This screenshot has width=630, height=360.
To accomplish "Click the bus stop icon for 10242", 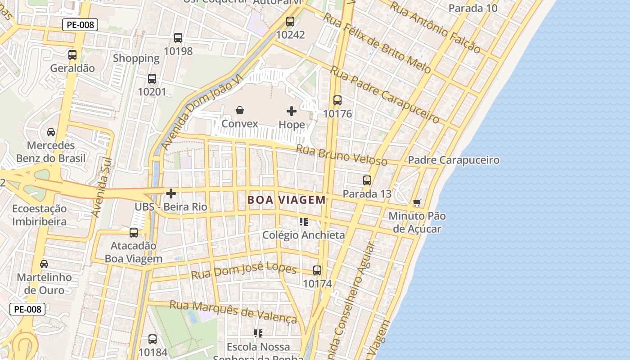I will tap(290, 21).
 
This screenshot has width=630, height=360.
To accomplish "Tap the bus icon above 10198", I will tap(178, 38).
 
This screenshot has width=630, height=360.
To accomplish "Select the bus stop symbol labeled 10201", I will tap(152, 79).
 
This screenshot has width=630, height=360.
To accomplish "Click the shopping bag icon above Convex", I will tap(240, 110).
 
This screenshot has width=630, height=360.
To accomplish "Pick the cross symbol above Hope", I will tap(292, 111).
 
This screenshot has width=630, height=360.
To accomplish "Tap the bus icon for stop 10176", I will tap(337, 100).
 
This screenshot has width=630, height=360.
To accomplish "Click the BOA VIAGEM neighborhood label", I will tap(287, 200).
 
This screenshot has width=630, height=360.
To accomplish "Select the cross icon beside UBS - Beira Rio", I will tap(171, 193).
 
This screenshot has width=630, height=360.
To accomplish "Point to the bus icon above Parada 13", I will tap(367, 180).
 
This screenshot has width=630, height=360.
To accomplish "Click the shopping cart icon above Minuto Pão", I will tap(417, 203).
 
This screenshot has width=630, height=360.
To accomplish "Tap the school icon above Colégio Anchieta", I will tap(304, 221).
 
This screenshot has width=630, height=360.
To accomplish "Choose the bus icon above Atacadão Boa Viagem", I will tap(134, 233).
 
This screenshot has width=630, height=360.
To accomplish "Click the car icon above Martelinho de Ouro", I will tap(44, 264).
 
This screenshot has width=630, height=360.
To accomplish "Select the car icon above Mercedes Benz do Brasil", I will tap(51, 132).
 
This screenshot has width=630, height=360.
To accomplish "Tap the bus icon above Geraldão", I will tap(72, 55).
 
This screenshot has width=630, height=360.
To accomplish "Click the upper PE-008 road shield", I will tap(80, 25).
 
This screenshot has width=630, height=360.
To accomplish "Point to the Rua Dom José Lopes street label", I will tap(243, 271).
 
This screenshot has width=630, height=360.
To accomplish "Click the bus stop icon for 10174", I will tap(317, 270).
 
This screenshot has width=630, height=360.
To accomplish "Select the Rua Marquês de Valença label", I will tap(233, 312).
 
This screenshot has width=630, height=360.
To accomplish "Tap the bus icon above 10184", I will tap(153, 339).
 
